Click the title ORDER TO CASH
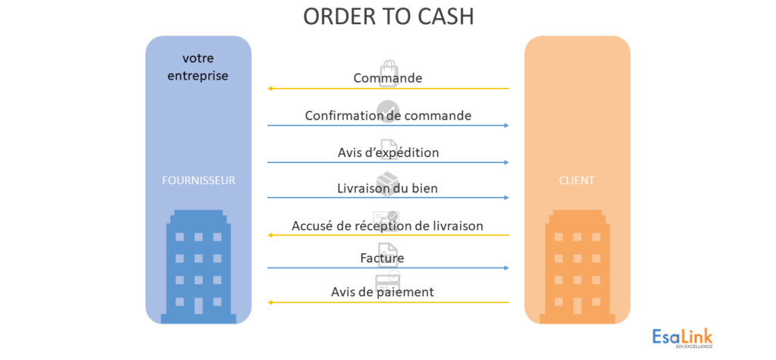(x=388, y=17)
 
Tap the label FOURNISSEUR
(x=198, y=180)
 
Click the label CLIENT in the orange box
(x=577, y=180)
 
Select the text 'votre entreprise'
(x=198, y=67)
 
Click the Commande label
(x=388, y=78)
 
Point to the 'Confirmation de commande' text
(x=388, y=115)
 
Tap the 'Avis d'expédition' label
(x=388, y=152)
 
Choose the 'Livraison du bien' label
(x=388, y=188)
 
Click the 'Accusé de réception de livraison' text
(x=388, y=226)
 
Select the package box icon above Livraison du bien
(x=387, y=177)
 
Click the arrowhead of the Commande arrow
(x=271, y=89)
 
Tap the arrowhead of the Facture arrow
(x=505, y=268)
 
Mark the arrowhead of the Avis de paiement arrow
(x=271, y=302)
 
